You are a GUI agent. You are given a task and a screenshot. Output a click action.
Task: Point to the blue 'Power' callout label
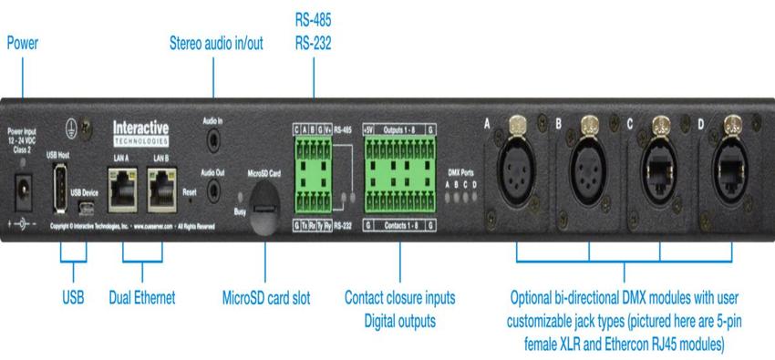pyautogui.click(x=23, y=42)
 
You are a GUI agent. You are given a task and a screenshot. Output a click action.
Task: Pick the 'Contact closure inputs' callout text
pyautogui.click(x=399, y=298)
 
